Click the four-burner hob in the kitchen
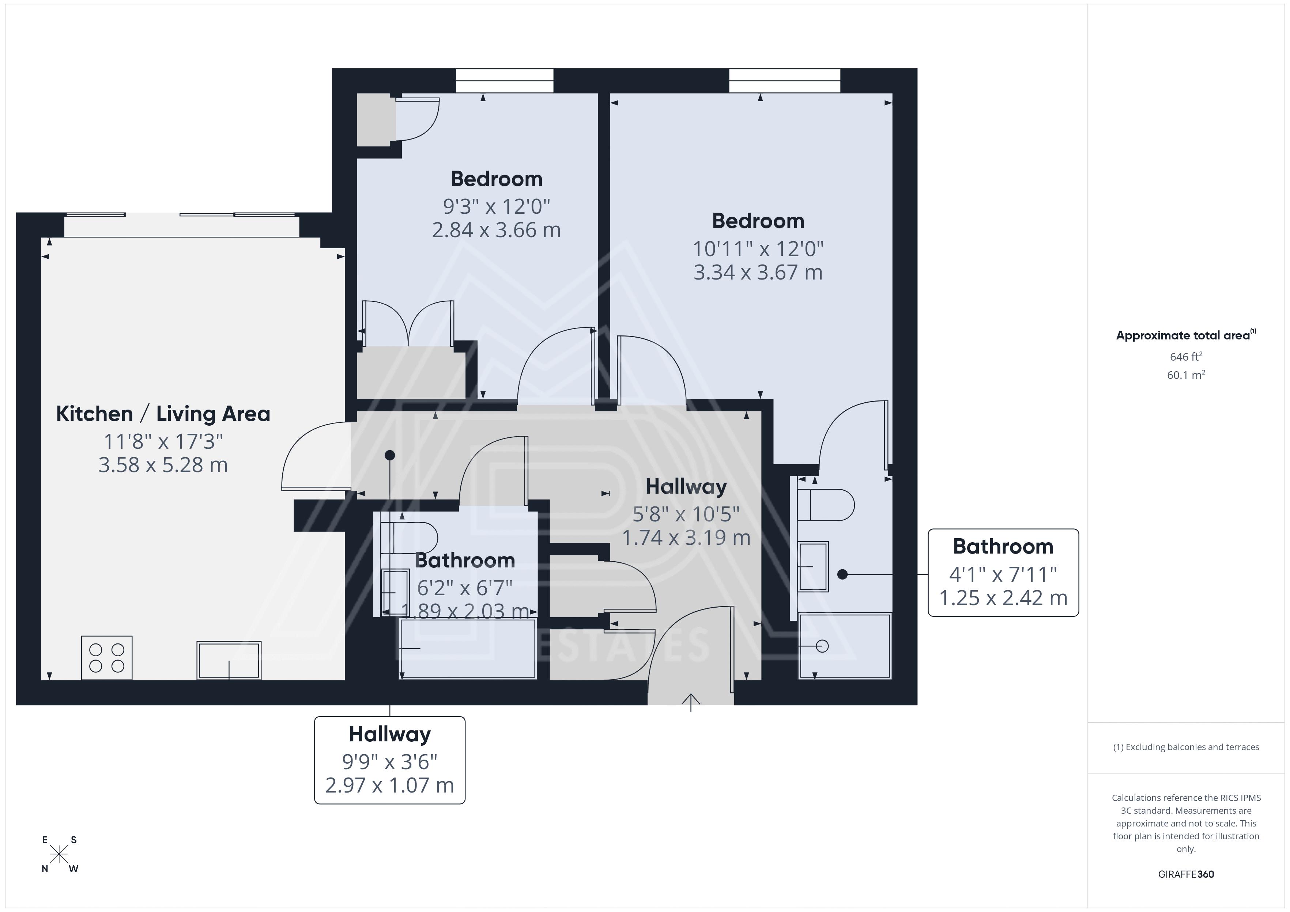(x=107, y=658)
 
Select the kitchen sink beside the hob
(x=229, y=660)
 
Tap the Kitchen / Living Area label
(x=163, y=414)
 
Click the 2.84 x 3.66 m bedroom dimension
(x=496, y=230)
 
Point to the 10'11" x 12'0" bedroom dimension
(x=758, y=249)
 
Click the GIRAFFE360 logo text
(x=1186, y=874)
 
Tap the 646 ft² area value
(x=1186, y=357)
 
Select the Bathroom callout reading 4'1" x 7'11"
(x=1003, y=573)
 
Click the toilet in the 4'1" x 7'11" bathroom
(x=825, y=505)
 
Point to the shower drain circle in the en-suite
(x=822, y=646)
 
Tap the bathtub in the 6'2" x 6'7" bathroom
(x=467, y=649)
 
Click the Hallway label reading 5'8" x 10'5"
(x=686, y=512)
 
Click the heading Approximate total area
(x=1186, y=335)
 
